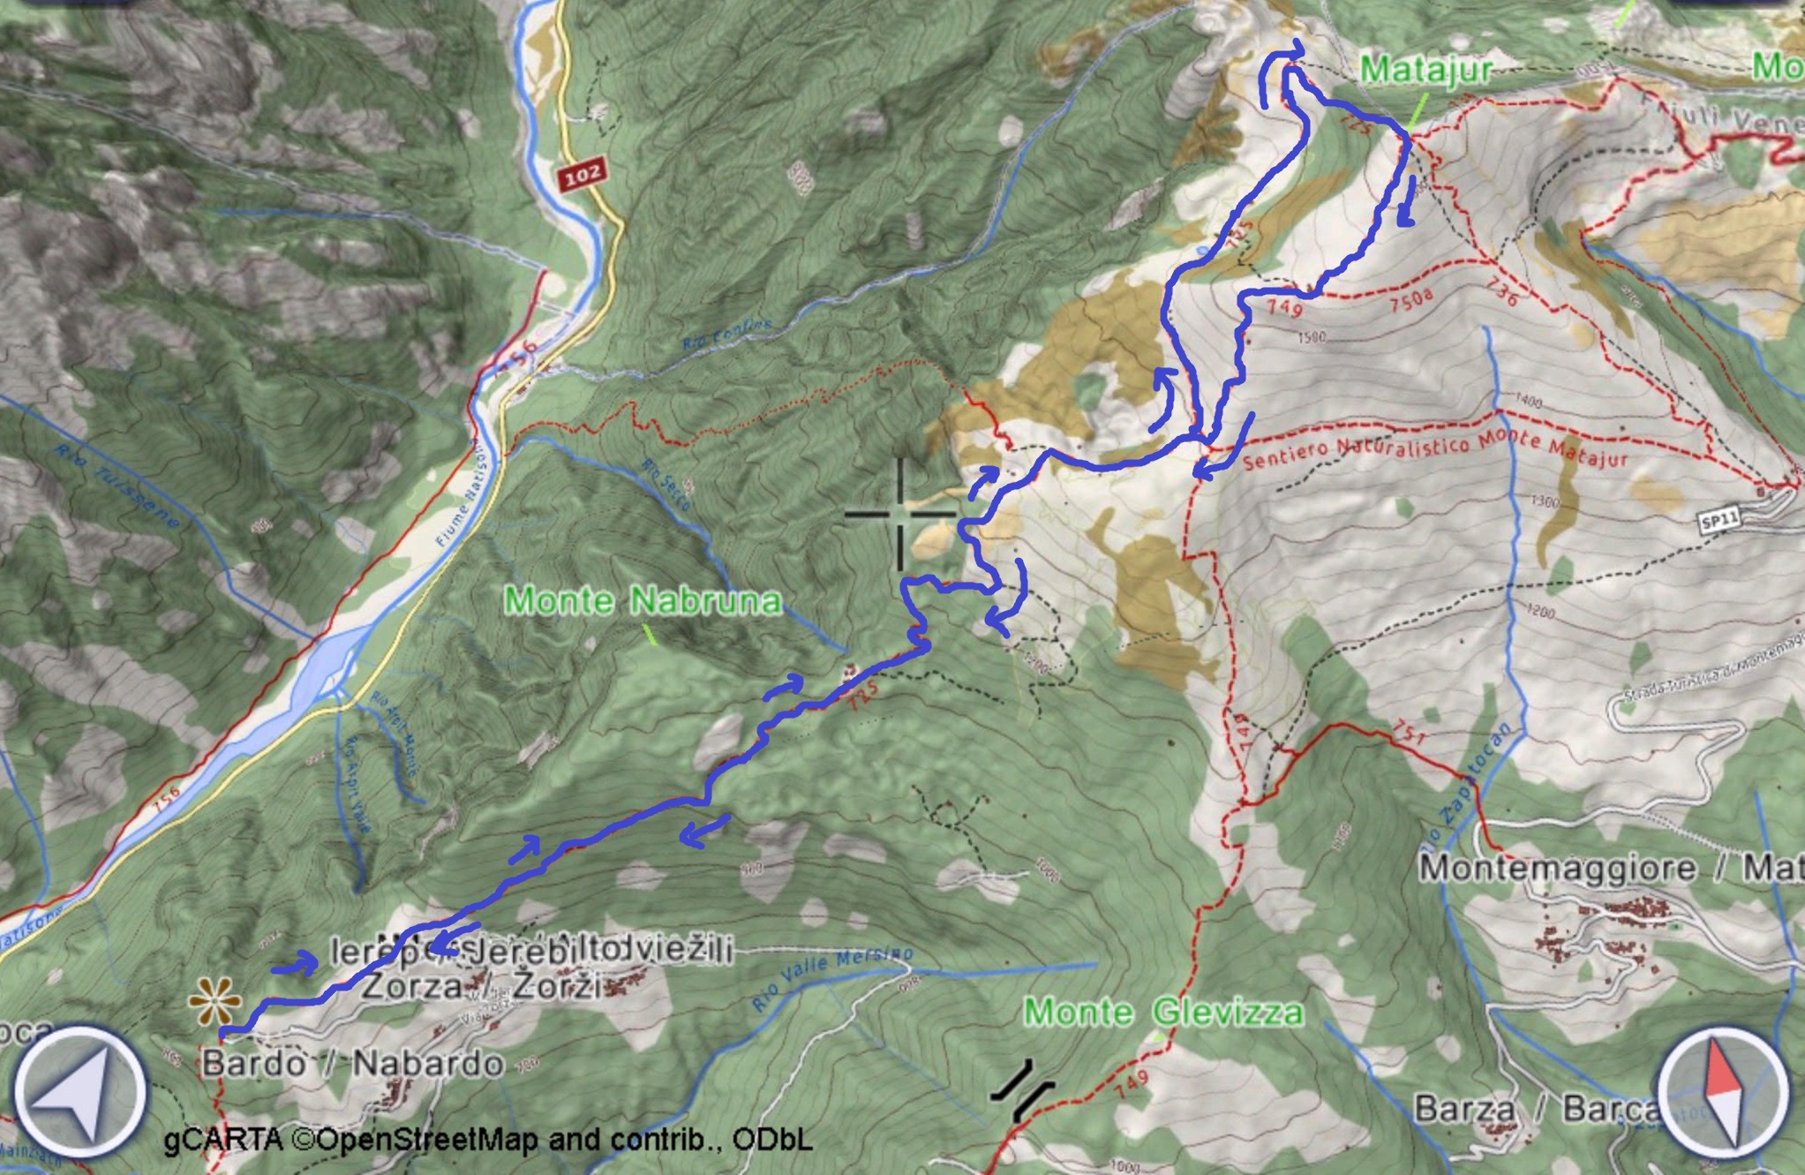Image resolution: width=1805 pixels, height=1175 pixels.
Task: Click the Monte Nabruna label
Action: click(x=643, y=601)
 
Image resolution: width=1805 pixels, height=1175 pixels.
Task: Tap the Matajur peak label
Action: click(x=1425, y=69)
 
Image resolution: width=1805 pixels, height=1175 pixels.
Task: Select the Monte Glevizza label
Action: click(x=1162, y=1011)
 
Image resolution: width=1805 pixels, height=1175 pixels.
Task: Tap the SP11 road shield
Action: click(x=1719, y=521)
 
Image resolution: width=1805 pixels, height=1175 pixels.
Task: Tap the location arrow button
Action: click(x=80, y=1092)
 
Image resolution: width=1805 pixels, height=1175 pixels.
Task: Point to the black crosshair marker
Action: click(x=900, y=514)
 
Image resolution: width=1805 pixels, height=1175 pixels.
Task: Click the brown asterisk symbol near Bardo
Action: click(x=214, y=1001)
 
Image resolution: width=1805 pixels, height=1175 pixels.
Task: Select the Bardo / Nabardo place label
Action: click(x=353, y=1064)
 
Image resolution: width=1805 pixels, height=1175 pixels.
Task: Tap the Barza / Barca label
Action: click(x=1536, y=1108)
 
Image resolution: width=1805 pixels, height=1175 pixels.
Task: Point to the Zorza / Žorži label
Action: click(x=482, y=984)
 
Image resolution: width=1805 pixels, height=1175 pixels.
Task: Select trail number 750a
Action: click(x=1410, y=300)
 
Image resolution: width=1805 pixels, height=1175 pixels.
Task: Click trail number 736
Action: click(x=1500, y=293)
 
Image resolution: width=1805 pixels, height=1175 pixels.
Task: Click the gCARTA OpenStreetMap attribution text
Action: click(x=487, y=1140)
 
